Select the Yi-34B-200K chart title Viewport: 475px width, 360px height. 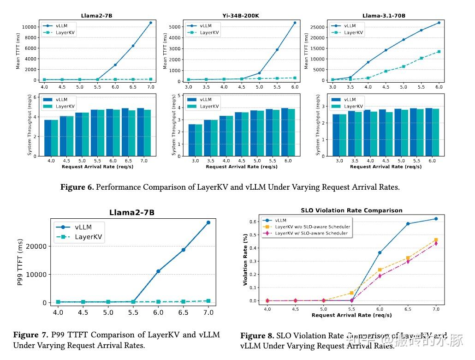[241, 16]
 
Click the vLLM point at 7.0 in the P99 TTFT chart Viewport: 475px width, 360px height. [208, 222]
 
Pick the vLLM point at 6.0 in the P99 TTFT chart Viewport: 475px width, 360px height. [158, 271]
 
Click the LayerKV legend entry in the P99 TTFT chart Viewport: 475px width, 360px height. [88, 237]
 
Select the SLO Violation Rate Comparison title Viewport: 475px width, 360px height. [351, 210]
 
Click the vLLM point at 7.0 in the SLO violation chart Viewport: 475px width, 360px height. [436, 219]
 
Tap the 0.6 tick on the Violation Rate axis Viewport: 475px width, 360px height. [253, 222]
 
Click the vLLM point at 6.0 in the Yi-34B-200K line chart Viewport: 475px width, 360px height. [295, 22]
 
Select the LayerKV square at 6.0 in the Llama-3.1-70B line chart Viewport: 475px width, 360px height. [439, 52]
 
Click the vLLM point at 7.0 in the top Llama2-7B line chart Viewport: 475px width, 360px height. [150, 23]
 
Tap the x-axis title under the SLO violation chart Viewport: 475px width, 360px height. [351, 315]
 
